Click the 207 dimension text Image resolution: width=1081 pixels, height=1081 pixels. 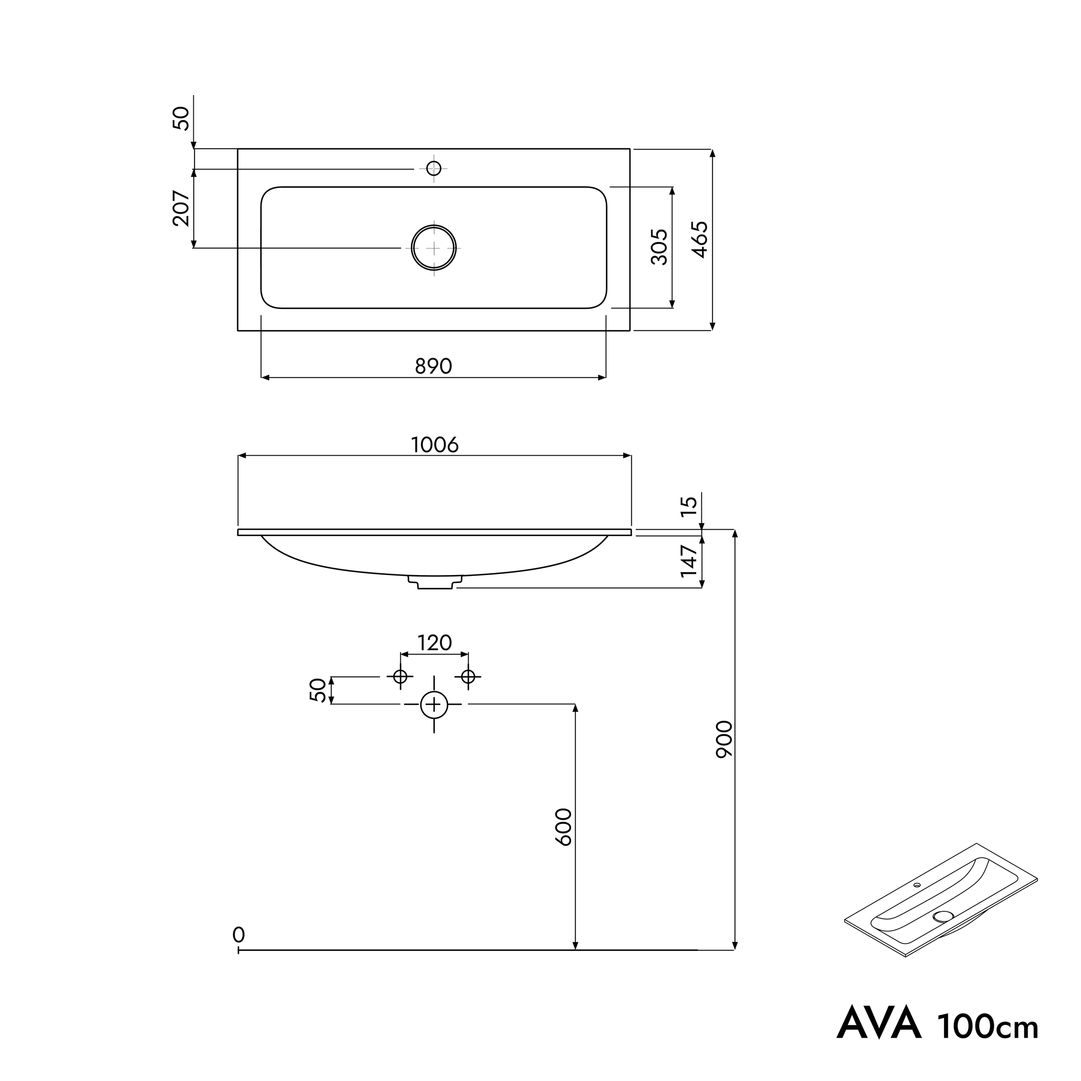(181, 208)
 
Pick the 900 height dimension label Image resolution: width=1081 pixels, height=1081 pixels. (724, 739)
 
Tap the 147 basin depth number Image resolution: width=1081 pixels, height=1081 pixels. (689, 561)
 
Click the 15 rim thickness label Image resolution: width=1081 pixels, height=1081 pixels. (689, 506)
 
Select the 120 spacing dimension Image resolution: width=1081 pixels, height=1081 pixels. (435, 643)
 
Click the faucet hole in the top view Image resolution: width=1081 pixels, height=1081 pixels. (434, 168)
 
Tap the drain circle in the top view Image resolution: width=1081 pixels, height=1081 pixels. (434, 247)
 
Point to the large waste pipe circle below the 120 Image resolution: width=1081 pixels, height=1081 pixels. (434, 704)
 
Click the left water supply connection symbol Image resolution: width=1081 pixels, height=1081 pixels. (400, 676)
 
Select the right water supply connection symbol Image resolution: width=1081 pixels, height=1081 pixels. (468, 676)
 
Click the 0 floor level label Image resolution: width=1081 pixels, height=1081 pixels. (239, 934)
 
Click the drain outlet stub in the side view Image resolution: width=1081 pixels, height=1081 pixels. (435, 582)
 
